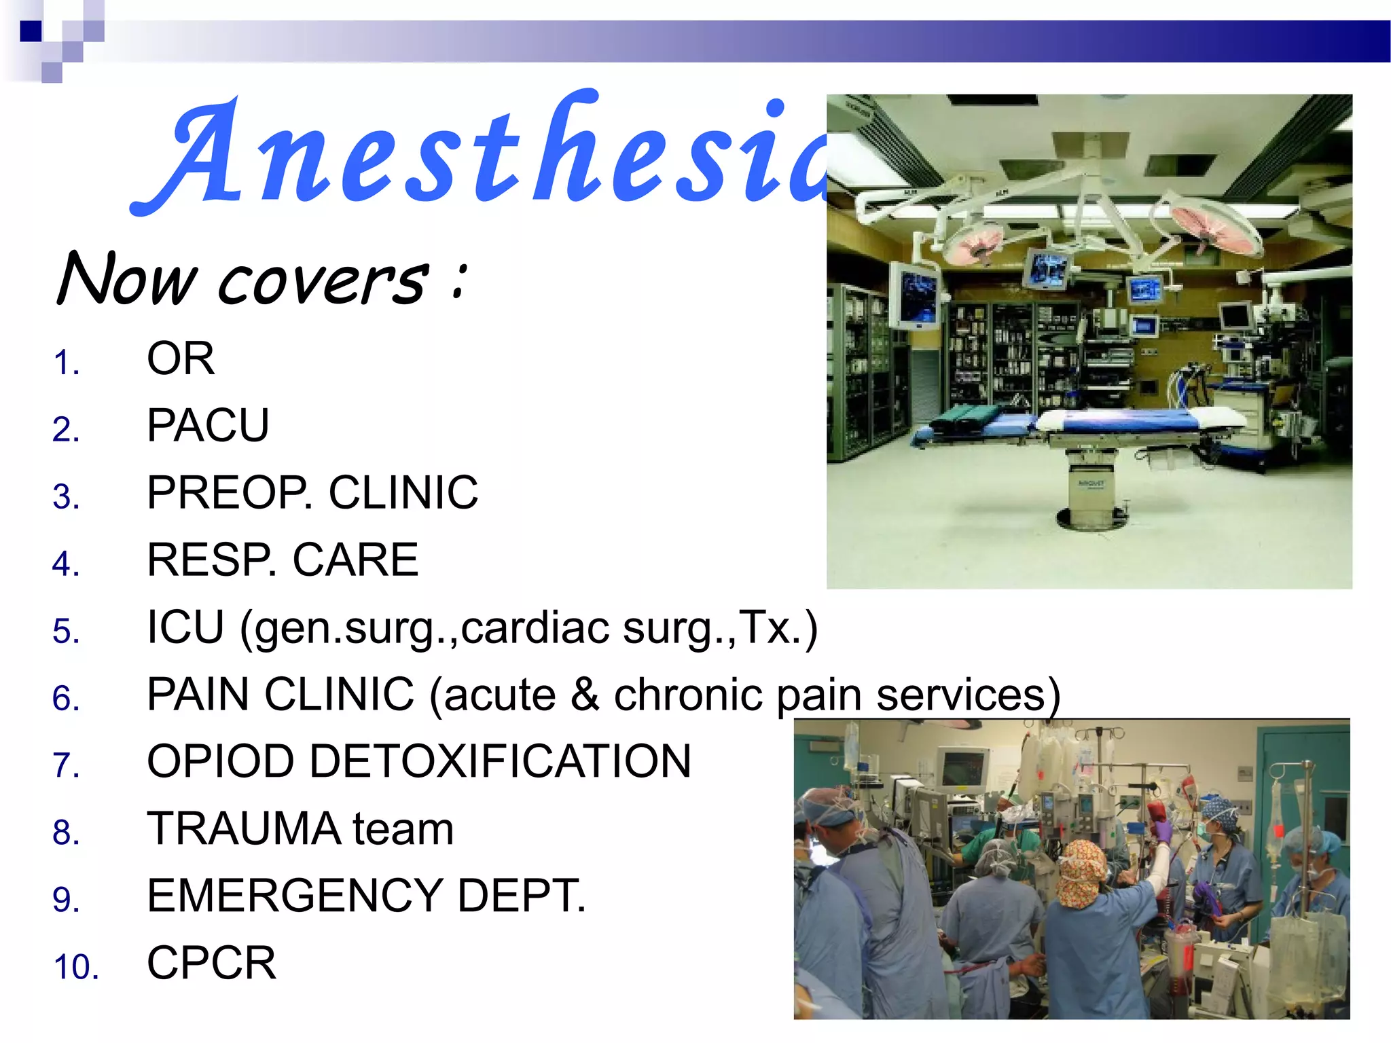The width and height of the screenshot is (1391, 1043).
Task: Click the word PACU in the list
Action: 208,426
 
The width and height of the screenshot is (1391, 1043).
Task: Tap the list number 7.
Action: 66,766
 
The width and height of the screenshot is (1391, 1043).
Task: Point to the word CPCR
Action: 211,963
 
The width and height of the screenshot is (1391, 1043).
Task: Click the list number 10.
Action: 76,967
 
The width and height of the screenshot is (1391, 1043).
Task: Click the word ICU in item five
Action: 185,627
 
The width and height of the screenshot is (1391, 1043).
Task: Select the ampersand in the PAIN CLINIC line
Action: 585,694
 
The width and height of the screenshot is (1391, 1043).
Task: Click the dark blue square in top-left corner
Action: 31,31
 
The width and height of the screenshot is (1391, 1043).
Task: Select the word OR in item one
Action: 181,359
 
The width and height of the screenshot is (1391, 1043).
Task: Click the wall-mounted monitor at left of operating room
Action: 914,296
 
